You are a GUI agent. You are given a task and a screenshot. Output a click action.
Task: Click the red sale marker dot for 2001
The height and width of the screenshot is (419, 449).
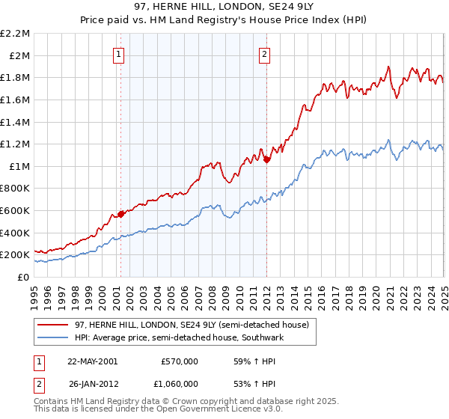point(120,214)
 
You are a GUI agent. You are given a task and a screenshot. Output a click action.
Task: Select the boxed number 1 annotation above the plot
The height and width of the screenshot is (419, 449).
point(120,53)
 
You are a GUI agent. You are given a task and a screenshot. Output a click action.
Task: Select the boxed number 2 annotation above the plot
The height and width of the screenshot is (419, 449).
point(266,53)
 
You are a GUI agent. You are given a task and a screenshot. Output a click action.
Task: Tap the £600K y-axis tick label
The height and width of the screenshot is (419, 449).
point(16,210)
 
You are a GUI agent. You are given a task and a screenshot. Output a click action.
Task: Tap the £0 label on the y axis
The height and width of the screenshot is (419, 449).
point(25,277)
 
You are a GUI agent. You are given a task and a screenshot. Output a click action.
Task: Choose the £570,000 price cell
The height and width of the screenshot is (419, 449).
point(179,361)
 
